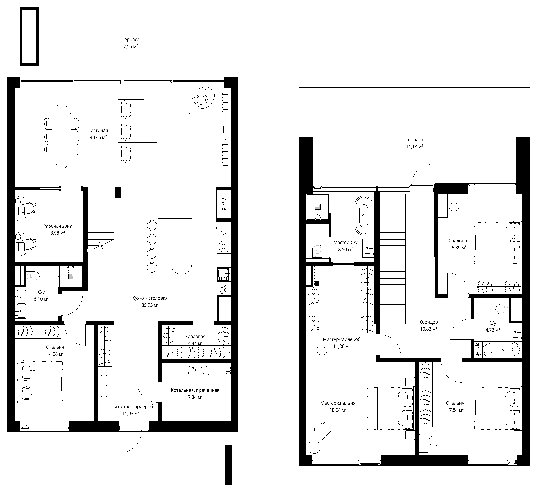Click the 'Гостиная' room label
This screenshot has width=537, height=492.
(x=98, y=130)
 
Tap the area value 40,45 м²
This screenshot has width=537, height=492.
(x=98, y=137)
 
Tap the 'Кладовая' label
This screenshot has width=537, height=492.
(x=195, y=336)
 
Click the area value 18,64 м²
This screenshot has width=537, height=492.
(x=338, y=410)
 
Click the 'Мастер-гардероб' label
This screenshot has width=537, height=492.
(x=341, y=339)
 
